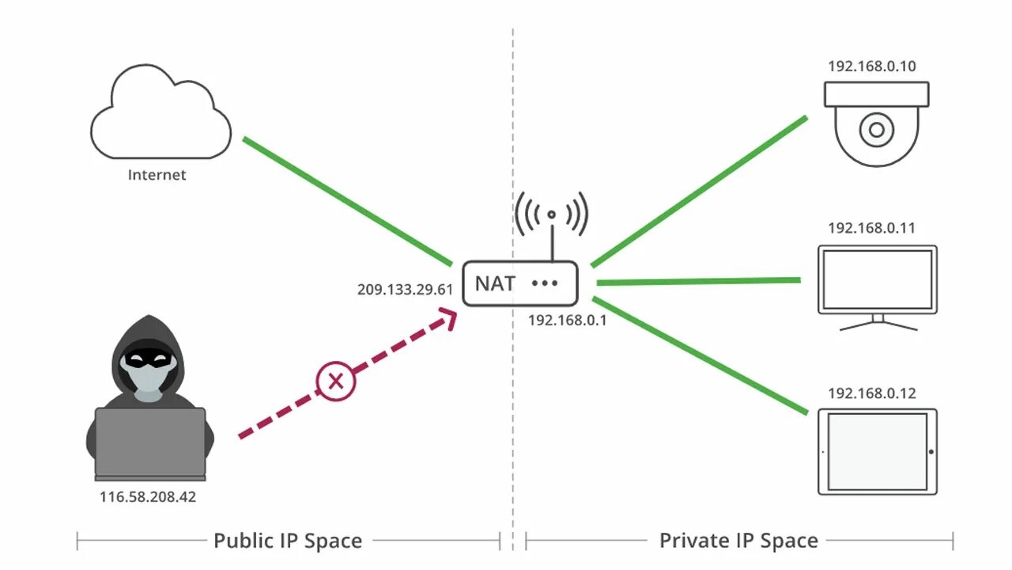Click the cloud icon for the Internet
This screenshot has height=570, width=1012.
click(x=160, y=115)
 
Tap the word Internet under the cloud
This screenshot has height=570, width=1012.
click(x=157, y=175)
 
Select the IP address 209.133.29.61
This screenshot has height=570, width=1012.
click(x=405, y=290)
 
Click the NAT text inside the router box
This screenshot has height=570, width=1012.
click(x=496, y=283)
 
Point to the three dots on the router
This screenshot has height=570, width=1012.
click(x=546, y=283)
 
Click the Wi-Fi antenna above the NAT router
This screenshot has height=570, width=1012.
click(x=552, y=218)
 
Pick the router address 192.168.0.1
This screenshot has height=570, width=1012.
click(x=567, y=321)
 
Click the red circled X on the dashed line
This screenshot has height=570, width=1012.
click(x=336, y=382)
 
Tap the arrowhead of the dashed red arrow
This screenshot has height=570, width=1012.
click(x=447, y=318)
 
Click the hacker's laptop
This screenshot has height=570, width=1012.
click(x=150, y=443)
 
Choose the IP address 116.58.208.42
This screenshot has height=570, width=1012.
click(x=148, y=498)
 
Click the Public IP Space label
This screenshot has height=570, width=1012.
click(x=288, y=541)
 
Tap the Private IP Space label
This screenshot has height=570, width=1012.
click(x=738, y=541)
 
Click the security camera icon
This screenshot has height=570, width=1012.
click(x=877, y=123)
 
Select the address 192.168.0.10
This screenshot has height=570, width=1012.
click(x=872, y=66)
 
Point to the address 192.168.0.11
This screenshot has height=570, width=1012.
click(x=871, y=228)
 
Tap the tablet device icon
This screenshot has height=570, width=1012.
click(x=877, y=452)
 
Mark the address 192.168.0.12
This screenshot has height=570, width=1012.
click(x=871, y=393)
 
